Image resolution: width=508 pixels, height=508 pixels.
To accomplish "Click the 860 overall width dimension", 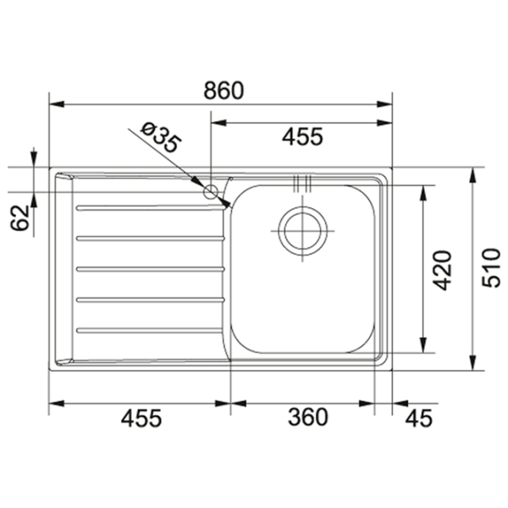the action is tap(224, 91).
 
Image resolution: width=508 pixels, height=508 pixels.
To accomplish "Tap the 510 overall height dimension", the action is tap(491, 268).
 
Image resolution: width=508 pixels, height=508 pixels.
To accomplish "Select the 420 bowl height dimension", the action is tap(442, 270).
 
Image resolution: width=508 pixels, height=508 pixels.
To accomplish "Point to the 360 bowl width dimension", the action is tap(308, 417).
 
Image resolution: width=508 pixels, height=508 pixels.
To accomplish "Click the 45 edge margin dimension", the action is tap(419, 417).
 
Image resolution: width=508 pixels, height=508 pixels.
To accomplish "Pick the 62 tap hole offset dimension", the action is tap(19, 218).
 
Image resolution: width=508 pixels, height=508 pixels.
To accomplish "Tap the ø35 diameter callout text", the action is tap(160, 137).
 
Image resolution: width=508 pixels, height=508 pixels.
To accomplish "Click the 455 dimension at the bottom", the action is tap(141, 417).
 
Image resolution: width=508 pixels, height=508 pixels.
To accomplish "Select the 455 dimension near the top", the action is tap(302, 136).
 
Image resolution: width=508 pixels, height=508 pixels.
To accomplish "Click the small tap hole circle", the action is tap(211, 191).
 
